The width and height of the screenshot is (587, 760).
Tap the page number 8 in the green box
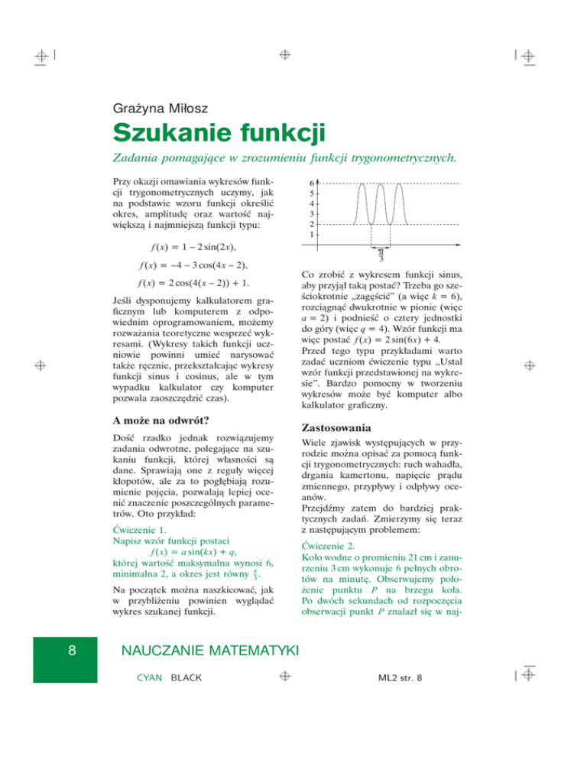[x=71, y=650]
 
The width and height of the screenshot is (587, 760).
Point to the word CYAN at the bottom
[x=151, y=679]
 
